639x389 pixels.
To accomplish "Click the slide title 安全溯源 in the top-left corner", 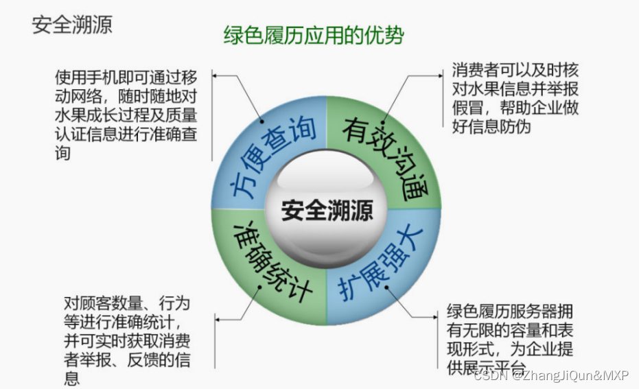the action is (x=72, y=25).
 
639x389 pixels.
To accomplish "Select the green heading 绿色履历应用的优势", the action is (x=314, y=36).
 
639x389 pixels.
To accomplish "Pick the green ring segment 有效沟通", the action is (x=385, y=155).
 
